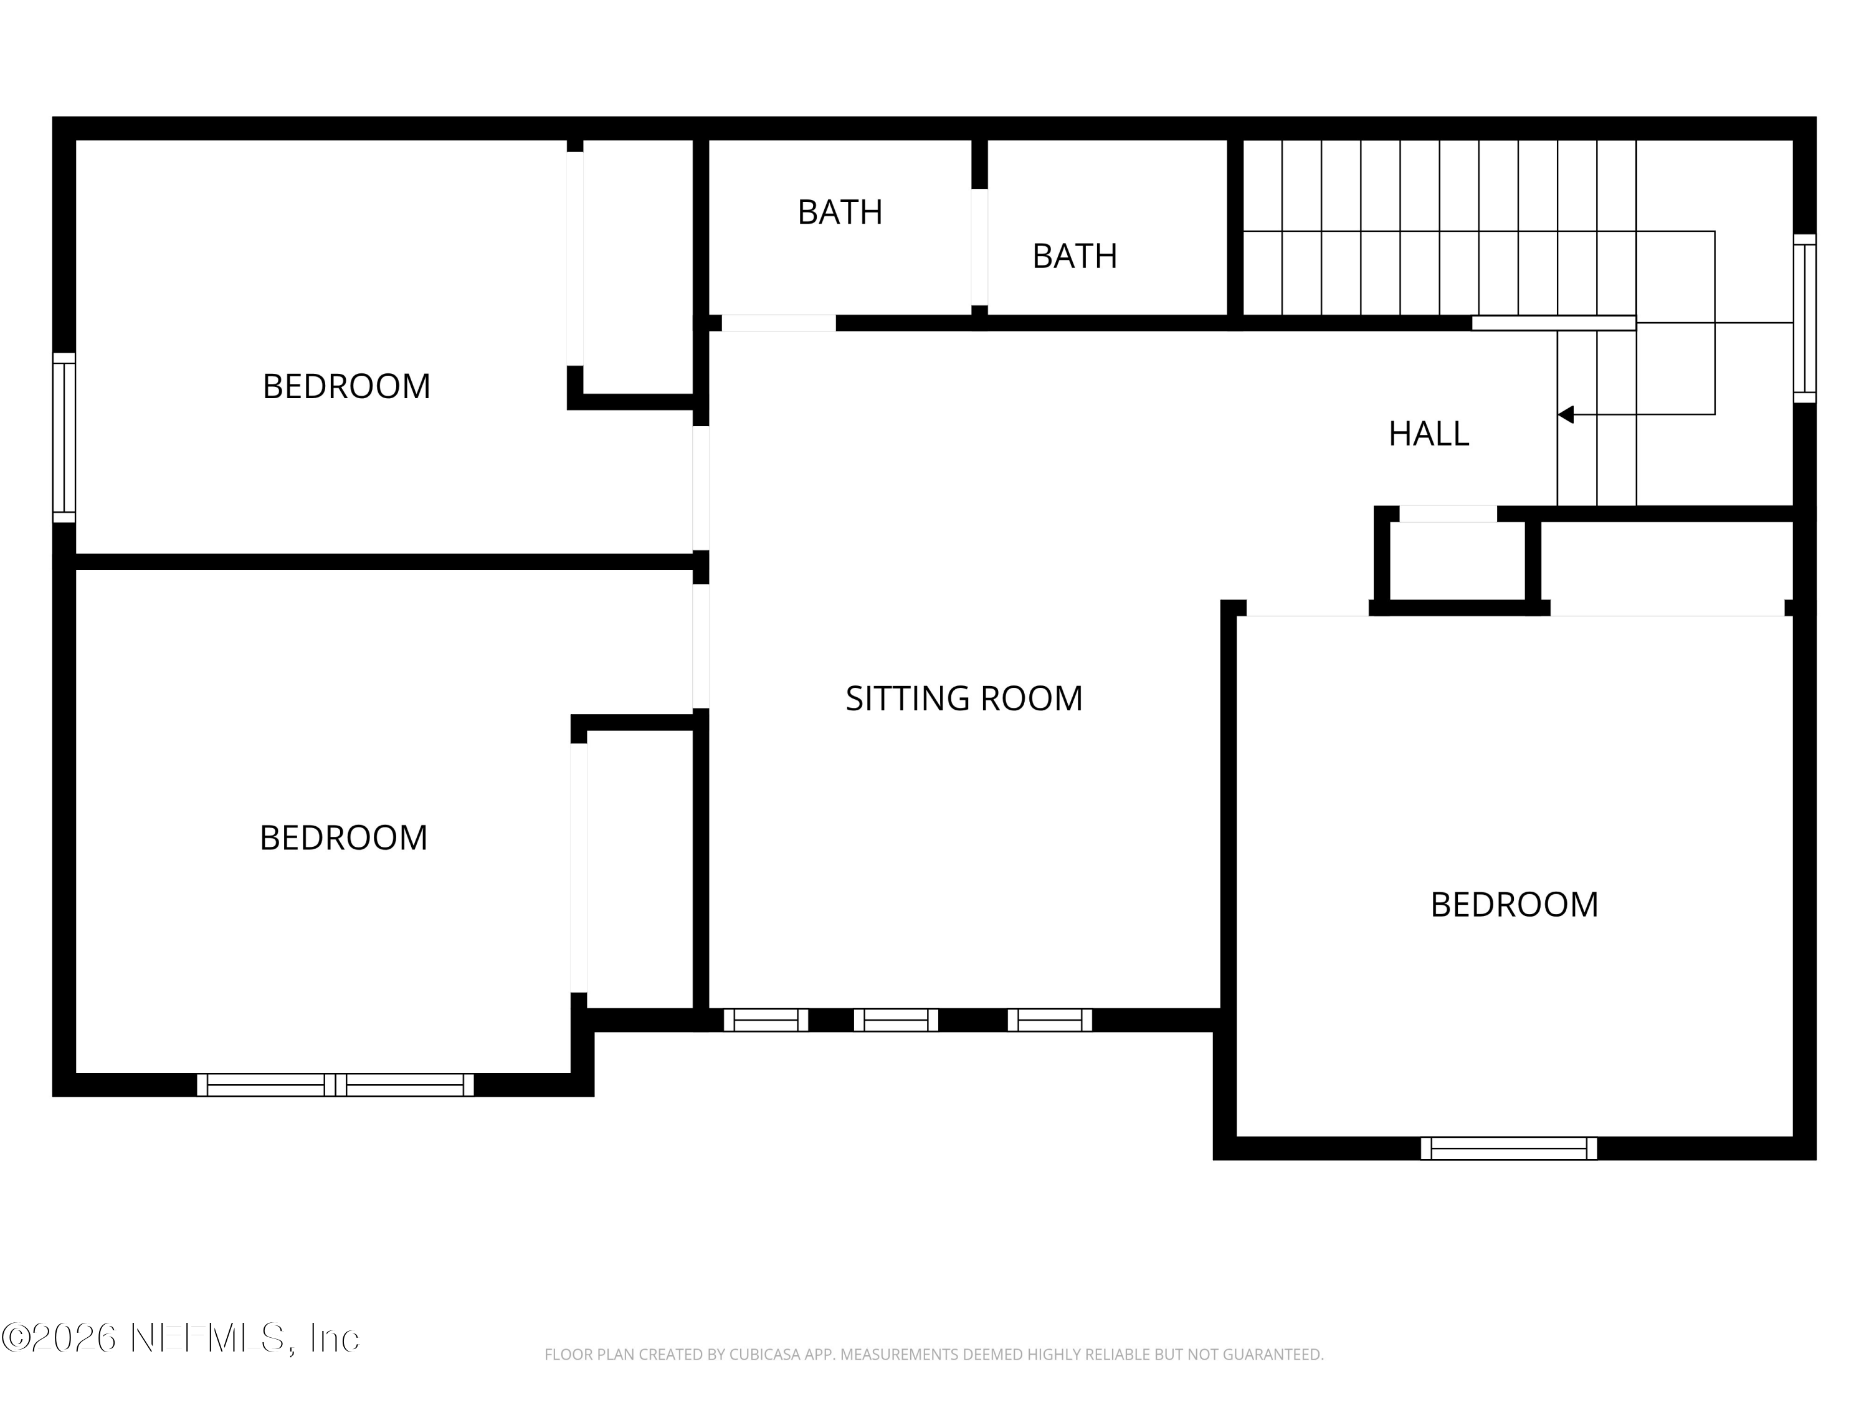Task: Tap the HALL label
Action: (1429, 434)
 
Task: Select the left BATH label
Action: (840, 212)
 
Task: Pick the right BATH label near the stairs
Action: (1074, 256)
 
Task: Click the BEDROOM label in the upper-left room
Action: (346, 387)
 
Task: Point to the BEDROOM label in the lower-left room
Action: (343, 838)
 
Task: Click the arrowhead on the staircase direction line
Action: (1566, 414)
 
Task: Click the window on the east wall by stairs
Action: (1804, 318)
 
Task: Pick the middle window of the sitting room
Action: (896, 1020)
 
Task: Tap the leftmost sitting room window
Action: (766, 1020)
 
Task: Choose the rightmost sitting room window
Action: (1049, 1020)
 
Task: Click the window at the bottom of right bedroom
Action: (1508, 1148)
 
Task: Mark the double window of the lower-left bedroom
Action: (335, 1085)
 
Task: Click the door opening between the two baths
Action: (979, 247)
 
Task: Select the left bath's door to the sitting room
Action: (778, 323)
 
